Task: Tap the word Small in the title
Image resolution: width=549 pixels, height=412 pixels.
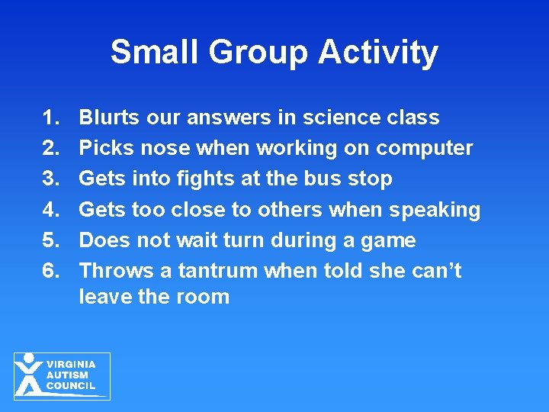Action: [152, 52]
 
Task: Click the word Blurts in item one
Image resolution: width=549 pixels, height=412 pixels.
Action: [111, 117]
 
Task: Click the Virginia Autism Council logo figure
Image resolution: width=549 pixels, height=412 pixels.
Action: [29, 375]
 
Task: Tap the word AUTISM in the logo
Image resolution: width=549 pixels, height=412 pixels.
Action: [68, 375]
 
